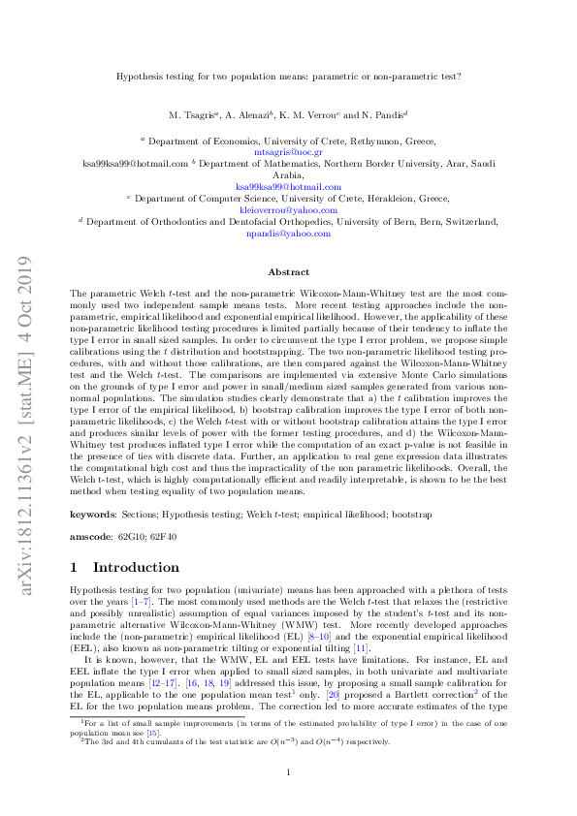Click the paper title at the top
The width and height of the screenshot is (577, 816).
click(x=288, y=74)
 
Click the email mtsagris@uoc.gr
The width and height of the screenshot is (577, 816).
click(x=288, y=152)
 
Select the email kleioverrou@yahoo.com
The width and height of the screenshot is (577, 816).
click(x=288, y=209)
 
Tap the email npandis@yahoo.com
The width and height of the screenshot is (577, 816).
click(x=288, y=234)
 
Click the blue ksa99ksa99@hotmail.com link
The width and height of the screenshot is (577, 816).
click(x=288, y=186)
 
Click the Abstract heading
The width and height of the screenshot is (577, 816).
click(x=288, y=272)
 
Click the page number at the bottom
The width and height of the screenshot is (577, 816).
click(x=288, y=771)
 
